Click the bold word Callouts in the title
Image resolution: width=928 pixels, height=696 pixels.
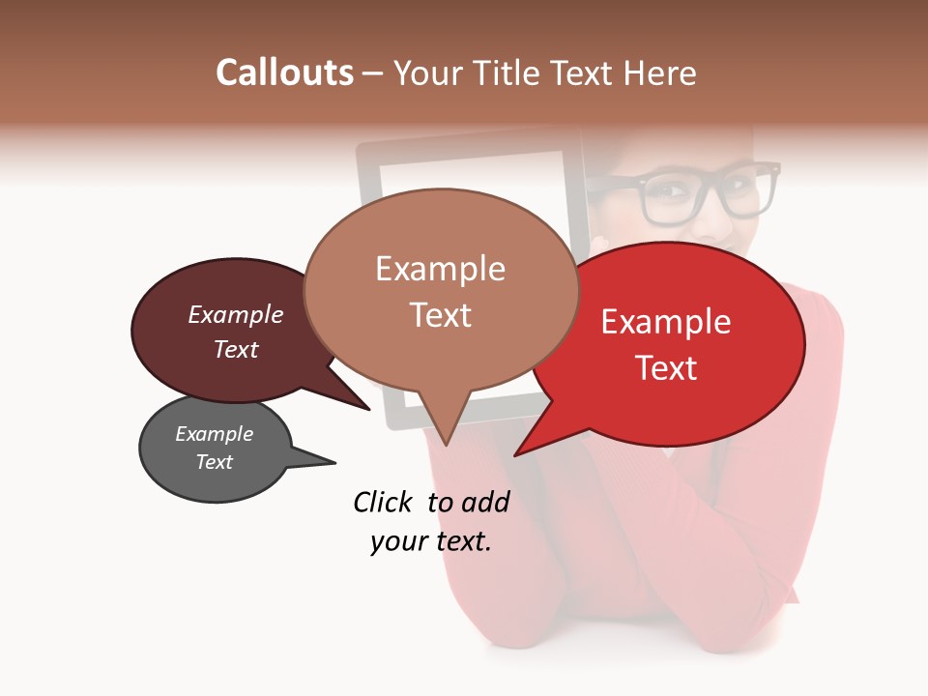(x=284, y=72)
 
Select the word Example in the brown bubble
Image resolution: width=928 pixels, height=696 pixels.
(x=440, y=269)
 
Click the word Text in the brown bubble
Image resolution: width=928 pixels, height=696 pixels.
(x=440, y=315)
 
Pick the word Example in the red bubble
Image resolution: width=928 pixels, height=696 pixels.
(x=666, y=322)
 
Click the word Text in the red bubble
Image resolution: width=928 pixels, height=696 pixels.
(x=666, y=368)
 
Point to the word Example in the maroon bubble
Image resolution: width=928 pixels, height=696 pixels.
(x=236, y=315)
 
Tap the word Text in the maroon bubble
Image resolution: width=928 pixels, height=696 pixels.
(x=236, y=350)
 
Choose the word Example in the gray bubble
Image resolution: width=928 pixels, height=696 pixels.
(x=215, y=434)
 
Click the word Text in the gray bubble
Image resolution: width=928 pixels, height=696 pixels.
(x=215, y=462)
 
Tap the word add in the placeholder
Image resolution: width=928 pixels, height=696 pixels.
(x=485, y=502)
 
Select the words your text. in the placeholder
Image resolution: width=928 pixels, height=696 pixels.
(x=431, y=541)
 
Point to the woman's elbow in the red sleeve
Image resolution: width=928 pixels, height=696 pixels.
(x=773, y=590)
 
